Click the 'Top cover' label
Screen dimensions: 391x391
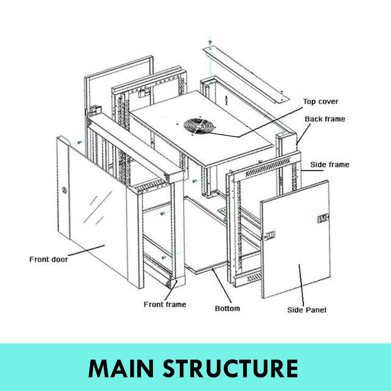(320, 102)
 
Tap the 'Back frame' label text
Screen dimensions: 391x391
(325, 119)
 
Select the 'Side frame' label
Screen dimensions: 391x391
(329, 165)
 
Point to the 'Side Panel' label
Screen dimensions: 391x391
(307, 310)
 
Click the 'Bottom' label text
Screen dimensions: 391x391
(227, 308)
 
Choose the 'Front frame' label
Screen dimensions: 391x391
(165, 304)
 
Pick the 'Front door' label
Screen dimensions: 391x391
(48, 259)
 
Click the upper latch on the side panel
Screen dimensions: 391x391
(323, 219)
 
